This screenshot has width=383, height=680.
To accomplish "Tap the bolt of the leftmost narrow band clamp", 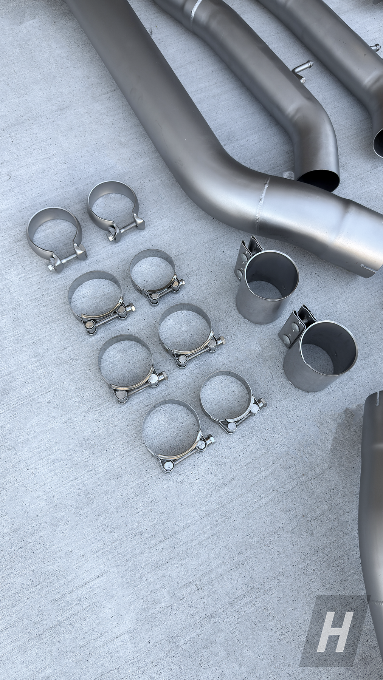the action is point(62,261).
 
